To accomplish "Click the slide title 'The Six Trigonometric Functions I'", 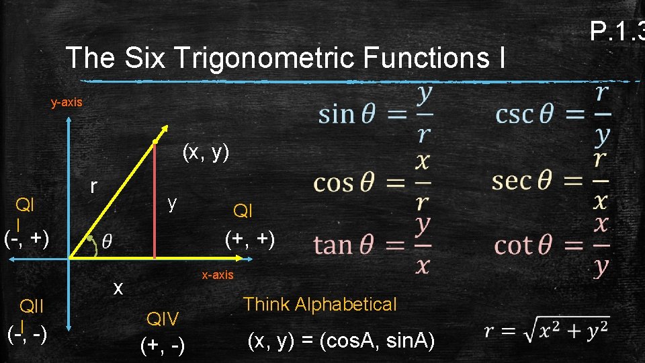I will point(286,58).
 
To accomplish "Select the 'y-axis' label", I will point(67,103).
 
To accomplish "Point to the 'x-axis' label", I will point(218,274).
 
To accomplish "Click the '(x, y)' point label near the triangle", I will point(206,153).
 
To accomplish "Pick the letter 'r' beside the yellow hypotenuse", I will point(95,186).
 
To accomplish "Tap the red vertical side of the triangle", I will point(155,202).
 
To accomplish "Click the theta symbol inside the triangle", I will point(107,241).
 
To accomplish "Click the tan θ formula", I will point(372,245).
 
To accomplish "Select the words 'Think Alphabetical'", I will point(320,305).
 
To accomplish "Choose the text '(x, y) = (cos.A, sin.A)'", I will point(341,342).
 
